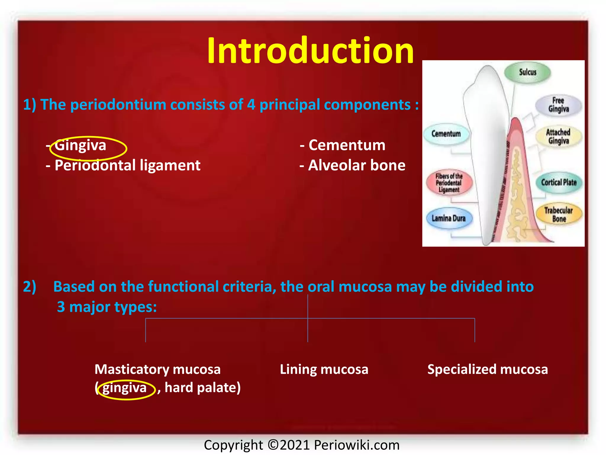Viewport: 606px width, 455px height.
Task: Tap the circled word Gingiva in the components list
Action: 80,145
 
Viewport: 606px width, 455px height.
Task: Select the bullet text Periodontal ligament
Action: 127,165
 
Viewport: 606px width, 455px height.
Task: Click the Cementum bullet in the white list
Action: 346,145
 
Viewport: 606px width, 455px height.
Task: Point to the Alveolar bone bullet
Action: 356,165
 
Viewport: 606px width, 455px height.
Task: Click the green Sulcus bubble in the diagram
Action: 527,72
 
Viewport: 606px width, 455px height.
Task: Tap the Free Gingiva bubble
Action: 558,105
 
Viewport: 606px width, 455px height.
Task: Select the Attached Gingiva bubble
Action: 558,136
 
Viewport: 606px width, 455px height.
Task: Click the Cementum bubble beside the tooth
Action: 446,134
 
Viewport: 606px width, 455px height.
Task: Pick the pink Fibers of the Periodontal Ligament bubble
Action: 449,183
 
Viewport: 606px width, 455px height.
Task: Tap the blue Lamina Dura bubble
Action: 449,218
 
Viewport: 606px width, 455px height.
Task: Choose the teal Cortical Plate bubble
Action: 559,182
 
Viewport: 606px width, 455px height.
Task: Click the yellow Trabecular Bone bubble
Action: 559,214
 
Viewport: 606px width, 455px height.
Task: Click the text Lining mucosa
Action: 324,369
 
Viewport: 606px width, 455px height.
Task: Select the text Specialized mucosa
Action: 487,369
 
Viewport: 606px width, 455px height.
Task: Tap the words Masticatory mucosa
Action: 157,369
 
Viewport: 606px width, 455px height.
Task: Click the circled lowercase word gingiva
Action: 125,388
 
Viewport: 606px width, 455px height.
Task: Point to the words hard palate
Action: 202,387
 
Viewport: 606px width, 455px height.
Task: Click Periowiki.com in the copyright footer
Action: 357,445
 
